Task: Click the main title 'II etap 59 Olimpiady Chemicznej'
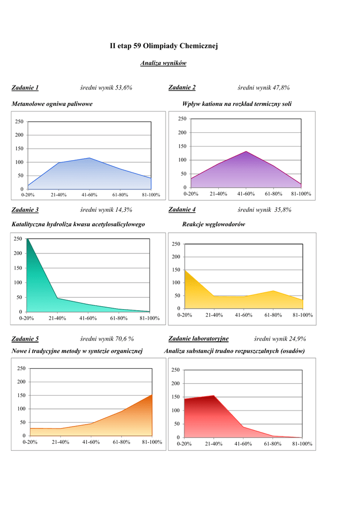164,46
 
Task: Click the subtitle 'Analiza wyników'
163,63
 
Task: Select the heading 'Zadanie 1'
25,88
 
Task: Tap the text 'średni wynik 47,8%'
264,88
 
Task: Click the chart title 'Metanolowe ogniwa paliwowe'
52,104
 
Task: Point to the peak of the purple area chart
246,151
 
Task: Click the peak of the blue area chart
90,158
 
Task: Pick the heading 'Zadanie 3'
25,210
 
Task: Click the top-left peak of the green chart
27,239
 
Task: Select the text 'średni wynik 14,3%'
106,210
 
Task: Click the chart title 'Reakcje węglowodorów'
214,224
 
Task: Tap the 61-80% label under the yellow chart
273,315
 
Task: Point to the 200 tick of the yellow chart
176,257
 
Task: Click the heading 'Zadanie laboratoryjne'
198,339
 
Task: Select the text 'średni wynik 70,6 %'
107,339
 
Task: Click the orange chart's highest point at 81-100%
152,395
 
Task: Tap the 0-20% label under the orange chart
30,442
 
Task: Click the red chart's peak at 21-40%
214,396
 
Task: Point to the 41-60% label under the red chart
244,444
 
